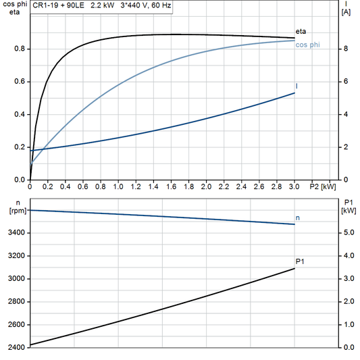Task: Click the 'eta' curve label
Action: pyautogui.click(x=301, y=31)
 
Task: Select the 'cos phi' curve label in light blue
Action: pyautogui.click(x=307, y=45)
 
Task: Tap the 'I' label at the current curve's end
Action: pyautogui.click(x=297, y=86)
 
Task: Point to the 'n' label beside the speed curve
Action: pyautogui.click(x=298, y=217)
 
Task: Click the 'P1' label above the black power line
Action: pyautogui.click(x=300, y=261)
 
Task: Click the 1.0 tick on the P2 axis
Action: pyautogui.click(x=118, y=186)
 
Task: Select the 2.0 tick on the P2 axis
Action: pyautogui.click(x=206, y=186)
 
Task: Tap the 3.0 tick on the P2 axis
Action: pyautogui.click(x=294, y=186)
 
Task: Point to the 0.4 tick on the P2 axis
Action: pyautogui.click(x=66, y=186)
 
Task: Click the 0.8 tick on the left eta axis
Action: pyautogui.click(x=20, y=49)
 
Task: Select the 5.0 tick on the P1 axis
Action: pyautogui.click(x=346, y=233)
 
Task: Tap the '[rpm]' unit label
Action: pyautogui.click(x=16, y=211)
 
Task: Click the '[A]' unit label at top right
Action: pyautogui.click(x=346, y=12)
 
